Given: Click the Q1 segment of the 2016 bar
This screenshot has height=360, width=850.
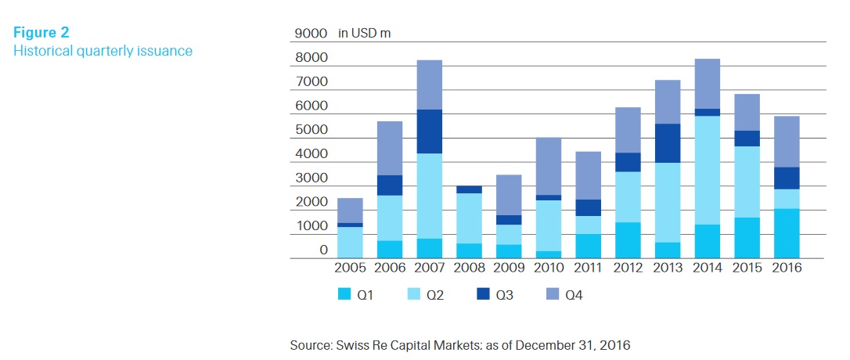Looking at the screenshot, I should click(x=787, y=233).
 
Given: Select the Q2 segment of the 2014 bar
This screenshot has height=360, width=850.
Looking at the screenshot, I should click(x=707, y=170).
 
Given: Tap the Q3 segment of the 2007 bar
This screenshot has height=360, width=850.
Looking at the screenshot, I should click(x=429, y=131).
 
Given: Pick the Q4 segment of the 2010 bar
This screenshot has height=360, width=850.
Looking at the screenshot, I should click(x=548, y=166).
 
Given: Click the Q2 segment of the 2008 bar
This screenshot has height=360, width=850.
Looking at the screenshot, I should click(x=469, y=218).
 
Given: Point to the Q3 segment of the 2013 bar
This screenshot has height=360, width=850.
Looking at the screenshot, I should click(x=667, y=143).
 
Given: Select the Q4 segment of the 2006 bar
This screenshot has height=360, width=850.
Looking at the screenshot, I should click(x=390, y=148).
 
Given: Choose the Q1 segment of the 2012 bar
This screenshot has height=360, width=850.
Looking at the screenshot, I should click(x=627, y=240).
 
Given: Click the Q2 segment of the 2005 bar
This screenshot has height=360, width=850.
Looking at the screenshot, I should click(x=350, y=242).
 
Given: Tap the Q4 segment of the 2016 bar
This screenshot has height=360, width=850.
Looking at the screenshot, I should click(x=787, y=142).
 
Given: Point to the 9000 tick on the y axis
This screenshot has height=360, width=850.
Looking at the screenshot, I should click(x=311, y=34).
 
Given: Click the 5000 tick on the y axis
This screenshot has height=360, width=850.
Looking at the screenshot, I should click(x=311, y=130).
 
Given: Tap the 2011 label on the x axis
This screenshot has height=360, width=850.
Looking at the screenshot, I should click(x=587, y=268).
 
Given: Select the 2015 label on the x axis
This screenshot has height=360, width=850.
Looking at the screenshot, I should click(x=747, y=268).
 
